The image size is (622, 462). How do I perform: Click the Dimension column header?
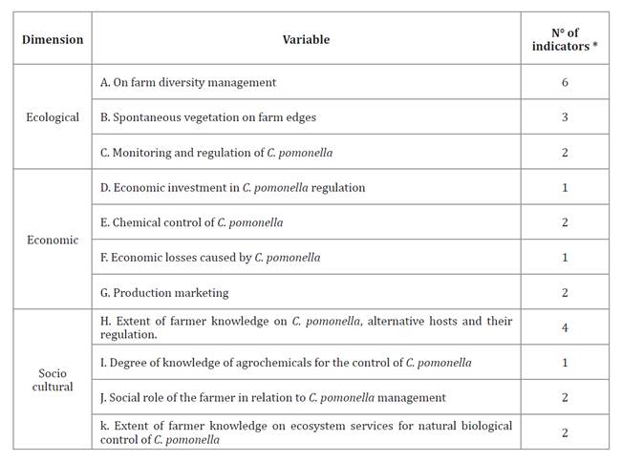[53, 40]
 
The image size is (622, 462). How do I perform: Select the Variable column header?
[306, 40]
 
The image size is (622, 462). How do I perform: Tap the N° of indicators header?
[565, 40]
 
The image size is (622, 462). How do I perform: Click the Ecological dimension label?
[53, 117]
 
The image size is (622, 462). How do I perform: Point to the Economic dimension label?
[53, 240]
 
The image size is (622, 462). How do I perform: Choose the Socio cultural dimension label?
[53, 380]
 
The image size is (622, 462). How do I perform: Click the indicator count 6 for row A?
[565, 83]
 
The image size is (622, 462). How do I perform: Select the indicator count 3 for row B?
[565, 117]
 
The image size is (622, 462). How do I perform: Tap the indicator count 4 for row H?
[565, 327]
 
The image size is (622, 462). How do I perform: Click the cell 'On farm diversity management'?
[194, 83]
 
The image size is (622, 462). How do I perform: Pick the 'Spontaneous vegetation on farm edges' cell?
[214, 117]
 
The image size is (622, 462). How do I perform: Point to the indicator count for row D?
[565, 188]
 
